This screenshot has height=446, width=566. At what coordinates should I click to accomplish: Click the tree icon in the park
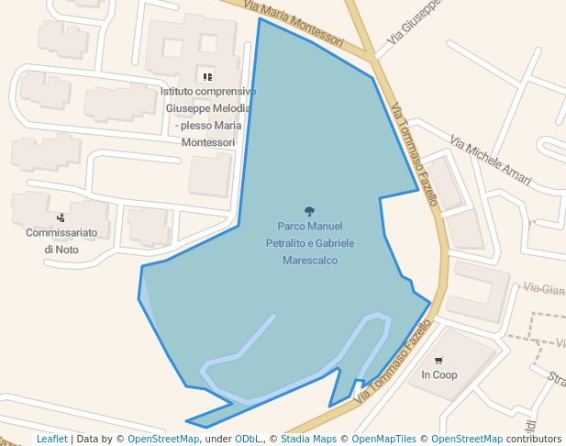click(x=309, y=211)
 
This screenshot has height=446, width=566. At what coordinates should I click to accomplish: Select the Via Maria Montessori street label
click(x=294, y=23)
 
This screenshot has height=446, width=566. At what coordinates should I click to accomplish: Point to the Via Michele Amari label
click(x=491, y=161)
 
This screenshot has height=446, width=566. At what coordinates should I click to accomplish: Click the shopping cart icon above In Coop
click(x=438, y=360)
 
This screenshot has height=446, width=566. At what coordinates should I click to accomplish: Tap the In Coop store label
click(x=438, y=375)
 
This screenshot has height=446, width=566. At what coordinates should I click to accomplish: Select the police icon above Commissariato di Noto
click(x=61, y=217)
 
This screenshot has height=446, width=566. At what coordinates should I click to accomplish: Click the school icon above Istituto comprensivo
click(x=207, y=76)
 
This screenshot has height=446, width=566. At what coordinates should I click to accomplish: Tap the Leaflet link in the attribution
click(x=51, y=439)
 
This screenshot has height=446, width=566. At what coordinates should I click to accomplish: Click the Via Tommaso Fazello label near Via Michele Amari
click(x=414, y=154)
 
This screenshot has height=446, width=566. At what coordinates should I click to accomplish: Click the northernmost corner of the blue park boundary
click(x=260, y=18)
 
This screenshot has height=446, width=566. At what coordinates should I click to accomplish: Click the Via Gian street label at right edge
click(x=543, y=290)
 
